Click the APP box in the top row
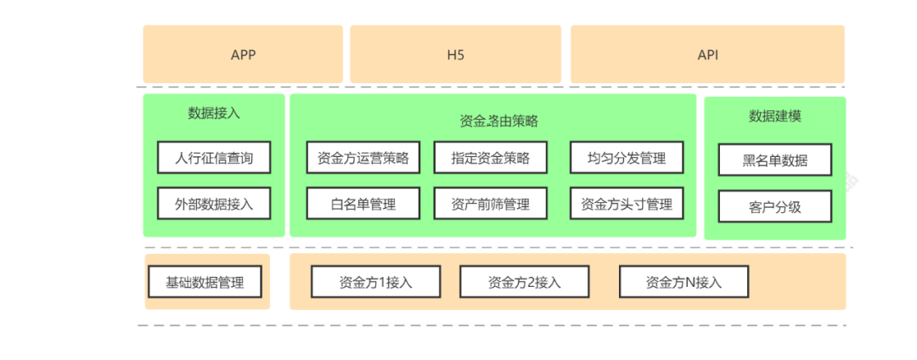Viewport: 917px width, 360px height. coord(243,55)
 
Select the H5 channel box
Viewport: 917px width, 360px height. coord(455,55)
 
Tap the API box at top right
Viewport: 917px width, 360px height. coord(707,55)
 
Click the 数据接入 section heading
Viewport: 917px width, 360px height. coord(214,113)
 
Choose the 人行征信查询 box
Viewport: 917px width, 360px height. coord(214,158)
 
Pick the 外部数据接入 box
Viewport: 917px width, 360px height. coord(214,204)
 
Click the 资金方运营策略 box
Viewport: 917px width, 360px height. coord(363,158)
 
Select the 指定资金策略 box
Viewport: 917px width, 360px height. coord(490,158)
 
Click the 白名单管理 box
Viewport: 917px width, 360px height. coord(363,204)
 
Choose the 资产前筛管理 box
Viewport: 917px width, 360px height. coord(490,204)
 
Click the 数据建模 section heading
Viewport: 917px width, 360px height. coord(774,116)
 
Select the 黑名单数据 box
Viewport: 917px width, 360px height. coord(774,160)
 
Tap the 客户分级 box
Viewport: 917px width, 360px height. coord(774,206)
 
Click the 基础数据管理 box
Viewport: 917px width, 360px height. coord(205,282)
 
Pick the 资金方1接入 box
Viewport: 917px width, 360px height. coord(375,282)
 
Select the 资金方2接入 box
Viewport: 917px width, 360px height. coord(524,282)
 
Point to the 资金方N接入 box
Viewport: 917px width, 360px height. coord(684,282)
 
